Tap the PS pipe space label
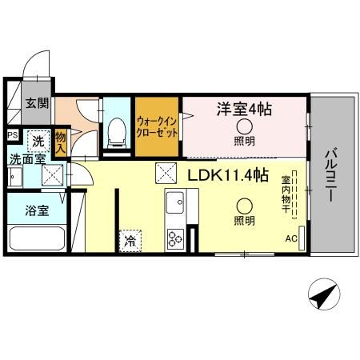12,135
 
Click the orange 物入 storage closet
60,142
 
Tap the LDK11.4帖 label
228,176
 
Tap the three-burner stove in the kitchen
174,238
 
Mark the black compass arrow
322,297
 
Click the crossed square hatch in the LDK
166,172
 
